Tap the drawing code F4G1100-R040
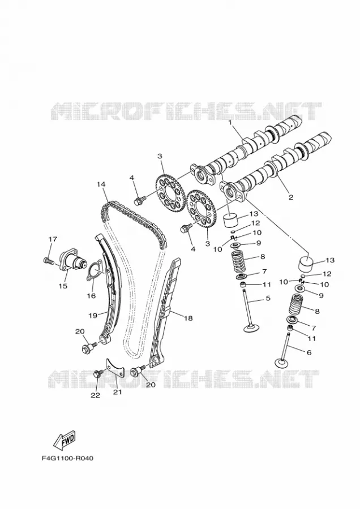67,458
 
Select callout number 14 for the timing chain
101,184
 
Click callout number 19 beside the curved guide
93,315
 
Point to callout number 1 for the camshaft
230,123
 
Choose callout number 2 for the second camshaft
291,197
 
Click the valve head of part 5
253,329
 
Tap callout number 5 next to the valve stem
268,298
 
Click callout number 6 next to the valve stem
309,352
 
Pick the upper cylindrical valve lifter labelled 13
231,221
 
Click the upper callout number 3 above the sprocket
160,156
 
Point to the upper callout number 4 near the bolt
131,178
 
